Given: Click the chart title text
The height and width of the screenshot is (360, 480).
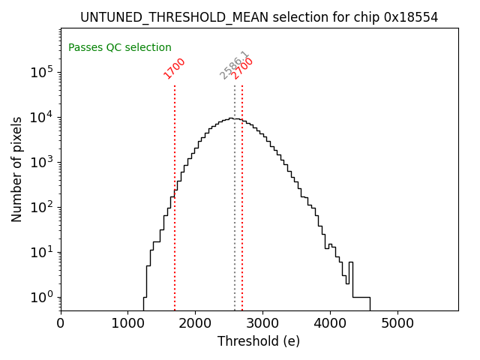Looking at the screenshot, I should (259, 17).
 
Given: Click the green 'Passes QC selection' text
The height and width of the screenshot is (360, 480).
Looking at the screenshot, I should (120, 47).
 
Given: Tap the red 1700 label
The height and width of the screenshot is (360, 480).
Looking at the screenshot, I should (175, 67).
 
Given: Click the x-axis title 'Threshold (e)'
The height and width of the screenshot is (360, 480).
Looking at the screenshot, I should (259, 341).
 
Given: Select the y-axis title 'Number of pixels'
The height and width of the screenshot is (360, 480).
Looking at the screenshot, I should (17, 169).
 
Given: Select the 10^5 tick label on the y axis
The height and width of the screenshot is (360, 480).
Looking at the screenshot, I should (41, 72).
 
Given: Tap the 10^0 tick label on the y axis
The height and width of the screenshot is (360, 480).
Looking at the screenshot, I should (41, 297).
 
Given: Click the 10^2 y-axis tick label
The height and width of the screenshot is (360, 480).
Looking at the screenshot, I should (41, 207).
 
